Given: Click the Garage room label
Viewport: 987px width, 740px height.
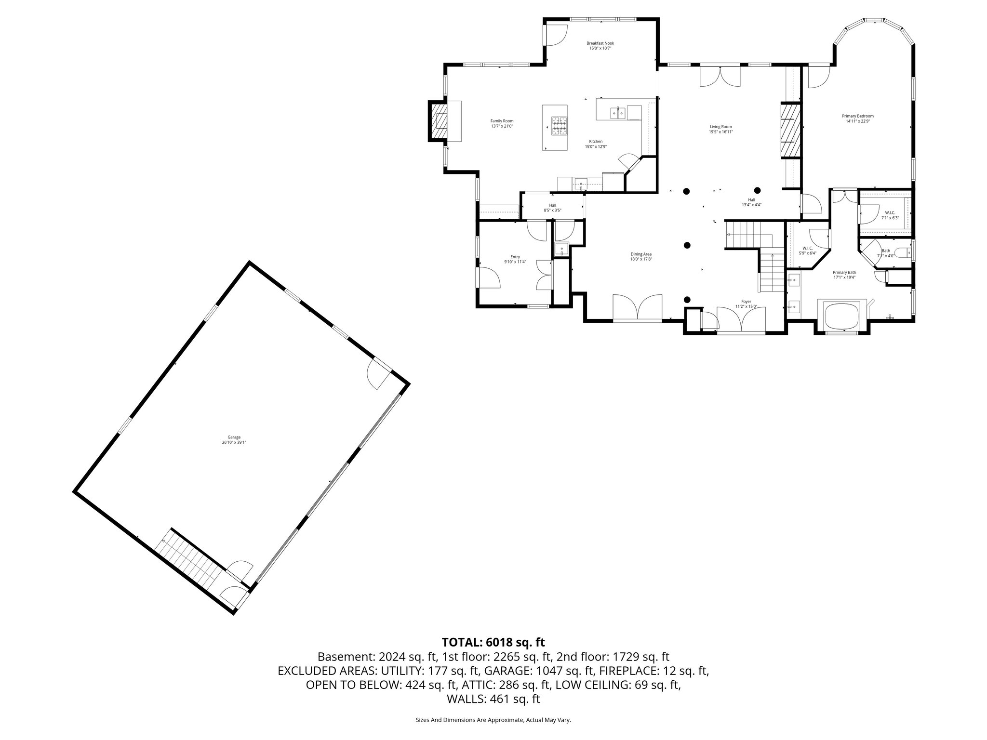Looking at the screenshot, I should (x=234, y=437).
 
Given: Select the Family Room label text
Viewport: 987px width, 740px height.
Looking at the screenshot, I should (x=502, y=121).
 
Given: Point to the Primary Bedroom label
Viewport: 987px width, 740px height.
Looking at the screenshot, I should (x=857, y=116).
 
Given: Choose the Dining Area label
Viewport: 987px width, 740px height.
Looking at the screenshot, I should (x=641, y=254).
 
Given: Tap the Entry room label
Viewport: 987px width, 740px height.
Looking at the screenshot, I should (x=515, y=257).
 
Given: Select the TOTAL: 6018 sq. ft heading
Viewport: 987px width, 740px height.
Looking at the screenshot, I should (x=493, y=642).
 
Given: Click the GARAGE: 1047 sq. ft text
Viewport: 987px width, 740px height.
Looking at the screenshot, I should (x=528, y=671).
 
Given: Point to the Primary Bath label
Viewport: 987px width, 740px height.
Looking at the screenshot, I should (x=844, y=272).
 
